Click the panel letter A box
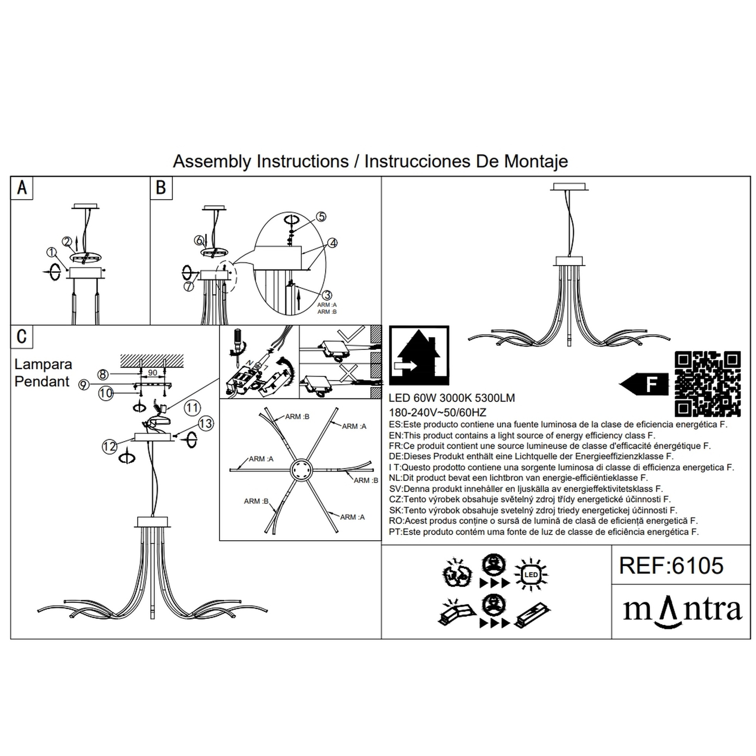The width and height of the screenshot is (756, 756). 22,188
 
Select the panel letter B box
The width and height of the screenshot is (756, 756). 161,188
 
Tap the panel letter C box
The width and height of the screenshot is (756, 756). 22,337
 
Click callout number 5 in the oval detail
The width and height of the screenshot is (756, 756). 321,217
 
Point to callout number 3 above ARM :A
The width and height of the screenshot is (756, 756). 326,295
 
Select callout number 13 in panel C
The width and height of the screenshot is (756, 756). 206,424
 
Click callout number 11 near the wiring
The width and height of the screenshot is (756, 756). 192,407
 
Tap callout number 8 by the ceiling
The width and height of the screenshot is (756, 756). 103,374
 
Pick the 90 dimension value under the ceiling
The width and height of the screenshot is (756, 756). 152,372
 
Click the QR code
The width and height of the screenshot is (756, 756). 708,384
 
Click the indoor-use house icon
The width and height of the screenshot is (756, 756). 419,356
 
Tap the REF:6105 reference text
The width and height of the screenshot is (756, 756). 671,566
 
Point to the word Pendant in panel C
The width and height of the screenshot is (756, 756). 42,382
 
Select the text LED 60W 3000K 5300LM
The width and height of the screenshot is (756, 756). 452,398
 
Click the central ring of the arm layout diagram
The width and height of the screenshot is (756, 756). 302,470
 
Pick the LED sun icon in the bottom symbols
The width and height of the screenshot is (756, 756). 531,575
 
